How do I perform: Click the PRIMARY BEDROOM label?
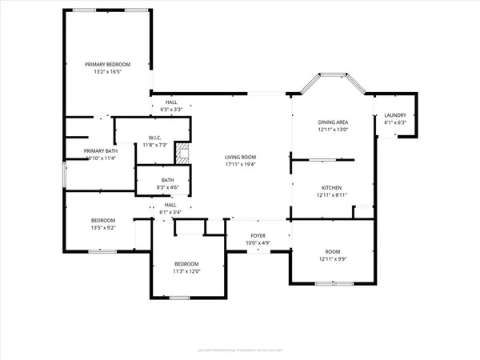point(108,64)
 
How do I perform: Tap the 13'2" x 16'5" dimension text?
point(108,71)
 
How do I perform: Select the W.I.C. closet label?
point(155,137)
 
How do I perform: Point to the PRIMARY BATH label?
point(100,150)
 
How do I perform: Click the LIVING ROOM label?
point(239,157)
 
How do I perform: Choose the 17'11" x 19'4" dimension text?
point(239,164)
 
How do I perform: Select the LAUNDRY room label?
point(396,115)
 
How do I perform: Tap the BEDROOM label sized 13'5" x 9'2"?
point(102,220)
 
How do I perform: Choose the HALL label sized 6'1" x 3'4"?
point(170,205)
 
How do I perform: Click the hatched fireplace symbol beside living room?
point(185,154)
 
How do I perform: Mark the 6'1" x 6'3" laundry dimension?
point(396,122)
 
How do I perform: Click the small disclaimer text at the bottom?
point(240,350)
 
